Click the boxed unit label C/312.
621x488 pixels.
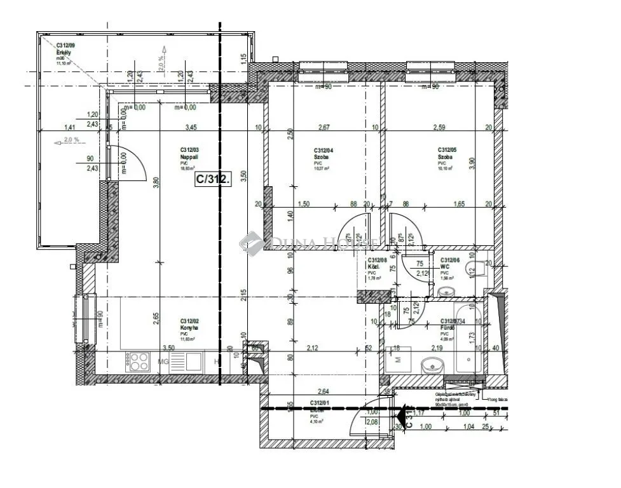click(x=214, y=179)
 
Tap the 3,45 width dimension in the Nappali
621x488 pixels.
click(x=190, y=127)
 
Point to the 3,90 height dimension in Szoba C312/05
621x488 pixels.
click(x=489, y=162)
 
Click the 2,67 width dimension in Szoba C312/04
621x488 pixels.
click(x=324, y=128)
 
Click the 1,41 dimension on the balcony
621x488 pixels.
click(x=70, y=127)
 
